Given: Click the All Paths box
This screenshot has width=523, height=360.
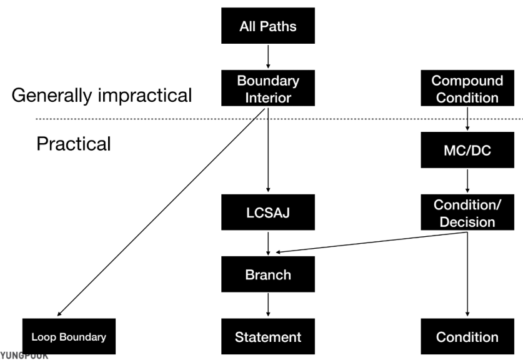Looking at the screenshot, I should (x=268, y=27).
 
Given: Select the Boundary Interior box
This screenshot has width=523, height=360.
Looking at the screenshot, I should (x=268, y=89).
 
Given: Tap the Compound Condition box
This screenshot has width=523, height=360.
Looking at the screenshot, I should (x=467, y=89).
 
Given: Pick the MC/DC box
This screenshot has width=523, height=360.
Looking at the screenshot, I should (x=467, y=150).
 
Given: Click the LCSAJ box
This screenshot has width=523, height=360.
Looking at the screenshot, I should (x=268, y=212).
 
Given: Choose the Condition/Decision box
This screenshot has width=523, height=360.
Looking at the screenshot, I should (x=467, y=212).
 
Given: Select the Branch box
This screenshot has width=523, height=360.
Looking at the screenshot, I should (x=268, y=274).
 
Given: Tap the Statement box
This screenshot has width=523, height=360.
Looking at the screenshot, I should (x=268, y=337).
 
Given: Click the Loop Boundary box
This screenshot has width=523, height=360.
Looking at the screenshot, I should (x=69, y=337).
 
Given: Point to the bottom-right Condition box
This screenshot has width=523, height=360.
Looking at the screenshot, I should (x=467, y=337).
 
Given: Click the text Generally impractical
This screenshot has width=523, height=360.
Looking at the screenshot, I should (x=102, y=96).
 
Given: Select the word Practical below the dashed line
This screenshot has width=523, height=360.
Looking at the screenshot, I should (x=73, y=144).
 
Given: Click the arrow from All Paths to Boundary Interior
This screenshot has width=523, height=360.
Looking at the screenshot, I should (x=268, y=56).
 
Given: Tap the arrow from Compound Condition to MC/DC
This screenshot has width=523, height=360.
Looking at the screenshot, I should (x=467, y=119).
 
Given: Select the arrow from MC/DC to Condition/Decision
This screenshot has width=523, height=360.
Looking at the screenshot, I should (x=467, y=181).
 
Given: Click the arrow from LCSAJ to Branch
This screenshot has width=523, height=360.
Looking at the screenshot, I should (x=268, y=242).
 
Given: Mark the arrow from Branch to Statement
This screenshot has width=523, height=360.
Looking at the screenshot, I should (x=268, y=304).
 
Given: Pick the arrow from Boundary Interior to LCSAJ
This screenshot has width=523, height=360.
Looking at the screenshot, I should (x=268, y=150).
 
